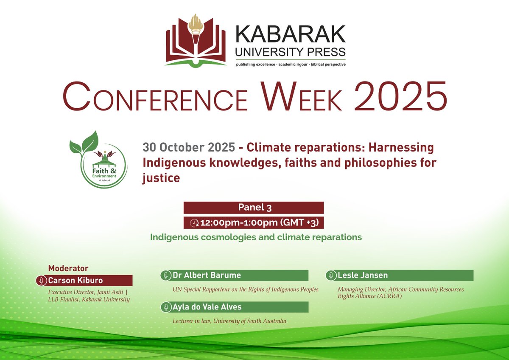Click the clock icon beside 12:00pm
coord(194,223)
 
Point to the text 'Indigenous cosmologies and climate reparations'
coord(256,237)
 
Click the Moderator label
coord(68,268)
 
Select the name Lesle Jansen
coord(363,276)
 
